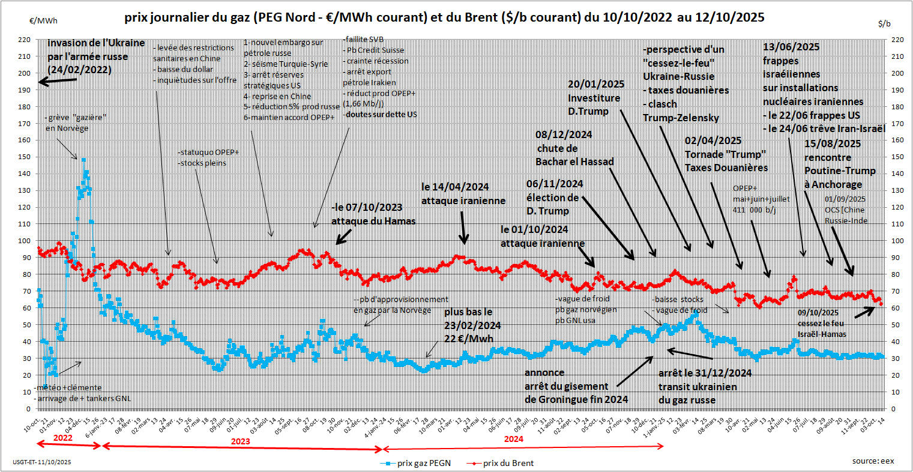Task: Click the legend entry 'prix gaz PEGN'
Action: click(424, 463)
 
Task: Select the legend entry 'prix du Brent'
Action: click(508, 463)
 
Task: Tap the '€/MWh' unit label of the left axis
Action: click(44, 20)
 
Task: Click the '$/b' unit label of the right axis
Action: click(884, 24)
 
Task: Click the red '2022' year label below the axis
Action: click(62, 438)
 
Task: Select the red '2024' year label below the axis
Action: click(513, 439)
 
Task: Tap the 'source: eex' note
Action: click(873, 461)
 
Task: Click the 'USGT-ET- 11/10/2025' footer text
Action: click(42, 462)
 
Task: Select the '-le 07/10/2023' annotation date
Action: click(367, 208)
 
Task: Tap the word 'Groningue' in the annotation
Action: click(579, 399)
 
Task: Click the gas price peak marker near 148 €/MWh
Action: click(83, 160)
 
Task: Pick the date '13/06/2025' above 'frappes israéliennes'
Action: click(791, 47)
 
